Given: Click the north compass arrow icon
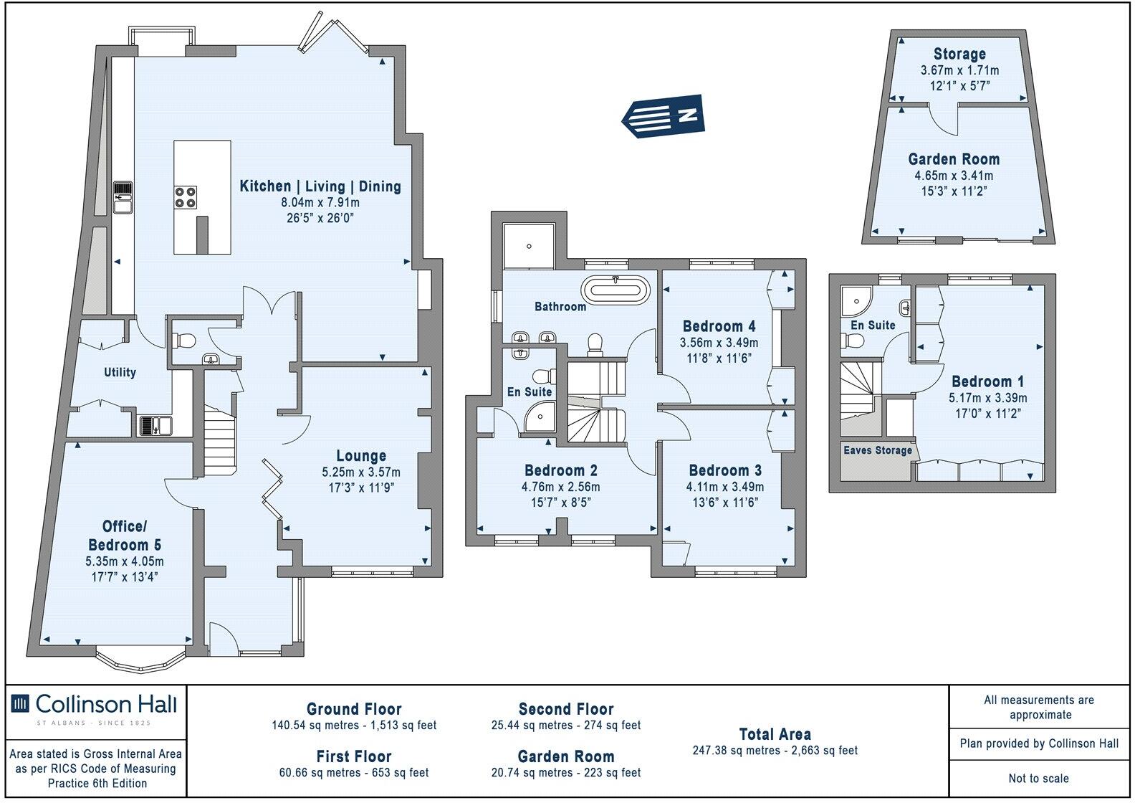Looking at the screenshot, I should point(664,115).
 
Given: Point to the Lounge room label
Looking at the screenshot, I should point(361,456).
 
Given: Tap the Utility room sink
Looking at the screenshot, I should point(155,426).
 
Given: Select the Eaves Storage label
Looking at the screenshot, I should point(878,450).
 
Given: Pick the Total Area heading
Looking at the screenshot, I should point(775,734).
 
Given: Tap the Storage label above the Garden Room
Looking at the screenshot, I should point(959,54).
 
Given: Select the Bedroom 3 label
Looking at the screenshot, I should point(724,471).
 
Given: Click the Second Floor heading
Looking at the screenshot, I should point(565,710).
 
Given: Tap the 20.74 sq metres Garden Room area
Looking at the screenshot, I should point(565,773).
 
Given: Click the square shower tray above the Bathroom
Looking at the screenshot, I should point(529,247).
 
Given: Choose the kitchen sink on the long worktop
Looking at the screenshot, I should point(123,198).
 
